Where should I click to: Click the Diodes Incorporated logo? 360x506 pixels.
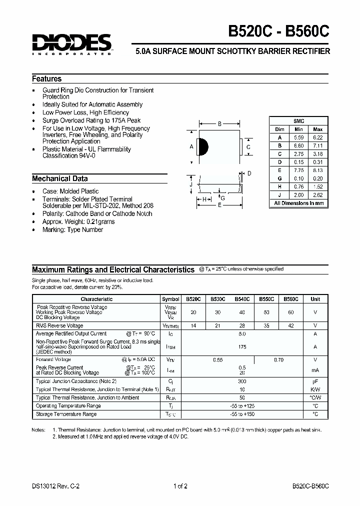pyautogui.click(x=72, y=43)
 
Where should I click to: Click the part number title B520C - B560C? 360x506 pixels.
pyautogui.click(x=279, y=31)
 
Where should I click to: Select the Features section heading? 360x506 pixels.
pyautogui.click(x=47, y=79)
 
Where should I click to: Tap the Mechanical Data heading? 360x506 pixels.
pyautogui.click(x=60, y=178)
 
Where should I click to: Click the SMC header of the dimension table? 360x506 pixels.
pyautogui.click(x=298, y=121)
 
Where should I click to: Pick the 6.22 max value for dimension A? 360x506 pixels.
pyautogui.click(x=317, y=137)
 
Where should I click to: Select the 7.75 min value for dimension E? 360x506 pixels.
pyautogui.click(x=298, y=170)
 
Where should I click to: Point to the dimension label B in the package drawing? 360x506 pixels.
pyautogui.click(x=219, y=124)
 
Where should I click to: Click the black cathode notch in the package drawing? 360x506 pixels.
pyautogui.click(x=202, y=147)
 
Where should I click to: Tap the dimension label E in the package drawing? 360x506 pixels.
pyautogui.click(x=219, y=204)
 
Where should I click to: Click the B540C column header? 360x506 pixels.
pyautogui.click(x=242, y=299)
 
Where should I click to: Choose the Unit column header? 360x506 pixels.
pyautogui.click(x=315, y=299)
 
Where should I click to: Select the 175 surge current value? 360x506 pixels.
pyautogui.click(x=242, y=346)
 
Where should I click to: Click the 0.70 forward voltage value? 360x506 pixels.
pyautogui.click(x=278, y=359)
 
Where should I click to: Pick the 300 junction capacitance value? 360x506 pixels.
pyautogui.click(x=242, y=381)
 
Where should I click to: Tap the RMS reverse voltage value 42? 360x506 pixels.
pyautogui.click(x=290, y=325)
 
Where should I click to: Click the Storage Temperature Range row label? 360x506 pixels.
pyautogui.click(x=66, y=414)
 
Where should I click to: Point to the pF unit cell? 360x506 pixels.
pyautogui.click(x=315, y=381)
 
